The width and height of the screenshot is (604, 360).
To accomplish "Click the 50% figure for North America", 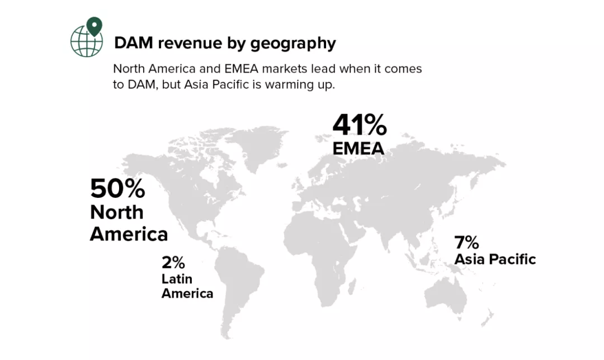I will point(117,188).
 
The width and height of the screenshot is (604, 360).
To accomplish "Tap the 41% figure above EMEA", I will point(359,125).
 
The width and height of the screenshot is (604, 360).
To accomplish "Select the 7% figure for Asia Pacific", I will point(466,243).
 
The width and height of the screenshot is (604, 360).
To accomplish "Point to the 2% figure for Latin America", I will point(173,262).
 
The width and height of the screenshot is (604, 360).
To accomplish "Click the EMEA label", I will point(358,148).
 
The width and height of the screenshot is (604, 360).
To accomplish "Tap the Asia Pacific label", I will point(494,259).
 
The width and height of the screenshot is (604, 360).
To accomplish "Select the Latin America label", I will point(187,286).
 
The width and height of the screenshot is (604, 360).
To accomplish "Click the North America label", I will point(128,222).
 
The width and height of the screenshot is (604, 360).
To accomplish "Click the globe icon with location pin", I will point(87,37).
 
